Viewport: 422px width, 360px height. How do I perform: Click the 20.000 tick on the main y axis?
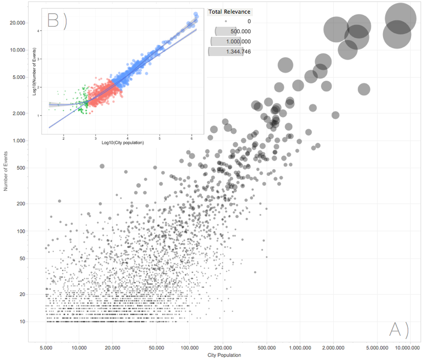[x=18, y=23]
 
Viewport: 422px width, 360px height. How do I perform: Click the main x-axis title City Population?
[x=224, y=355]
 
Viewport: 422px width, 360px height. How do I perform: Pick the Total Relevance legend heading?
[x=229, y=12]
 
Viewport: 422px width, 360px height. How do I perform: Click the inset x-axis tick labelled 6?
[x=192, y=137]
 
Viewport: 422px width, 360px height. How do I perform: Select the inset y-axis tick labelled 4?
[x=38, y=31]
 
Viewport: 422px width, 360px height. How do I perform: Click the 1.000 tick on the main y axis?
[x=19, y=140]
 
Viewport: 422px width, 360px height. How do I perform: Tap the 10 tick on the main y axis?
[x=22, y=322]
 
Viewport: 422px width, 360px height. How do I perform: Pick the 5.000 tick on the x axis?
[x=46, y=348]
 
